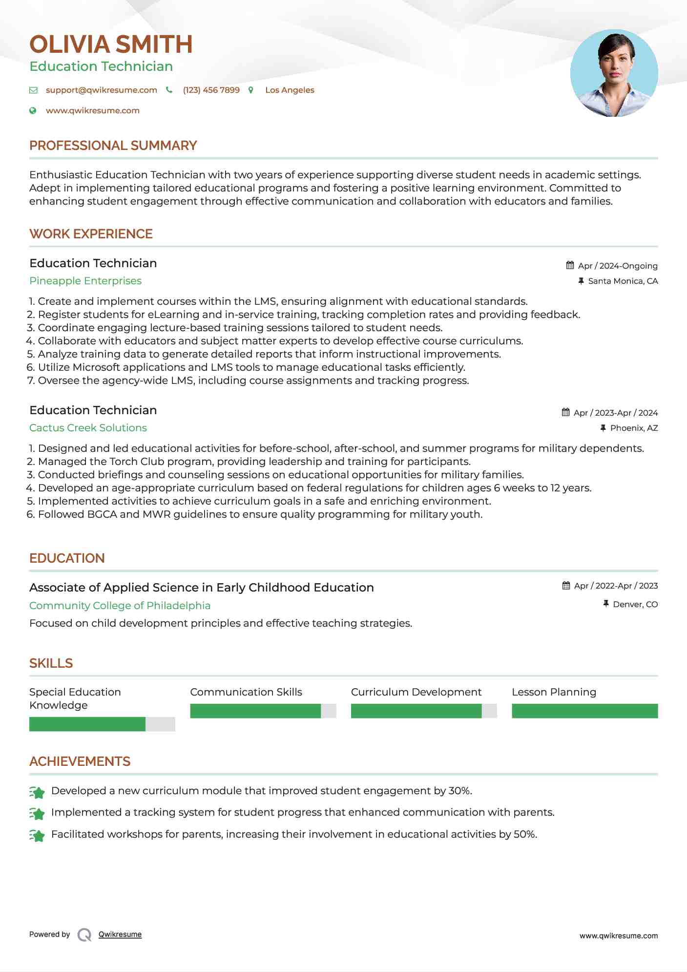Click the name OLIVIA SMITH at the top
click(111, 44)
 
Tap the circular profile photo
click(614, 73)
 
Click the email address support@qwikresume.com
click(101, 90)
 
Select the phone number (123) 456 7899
click(211, 90)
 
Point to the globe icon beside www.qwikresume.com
click(33, 111)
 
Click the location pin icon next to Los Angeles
click(251, 90)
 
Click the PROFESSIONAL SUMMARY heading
click(113, 146)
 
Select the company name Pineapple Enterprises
click(85, 281)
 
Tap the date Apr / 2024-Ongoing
click(617, 266)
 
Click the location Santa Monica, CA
click(623, 281)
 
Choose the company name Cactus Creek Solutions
click(88, 428)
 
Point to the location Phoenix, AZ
click(634, 428)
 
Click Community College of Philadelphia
click(120, 606)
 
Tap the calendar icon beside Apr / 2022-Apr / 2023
click(566, 586)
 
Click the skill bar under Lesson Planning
click(584, 711)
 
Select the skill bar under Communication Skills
click(263, 711)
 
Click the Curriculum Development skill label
click(416, 692)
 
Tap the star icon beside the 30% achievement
click(37, 792)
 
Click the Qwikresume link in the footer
click(120, 934)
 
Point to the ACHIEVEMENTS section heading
click(80, 761)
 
